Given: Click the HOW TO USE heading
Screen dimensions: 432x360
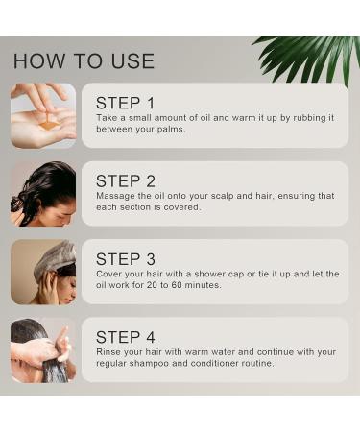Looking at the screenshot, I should (x=84, y=61).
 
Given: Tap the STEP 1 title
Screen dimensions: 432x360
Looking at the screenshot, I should (x=125, y=103).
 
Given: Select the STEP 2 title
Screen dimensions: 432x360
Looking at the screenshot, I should (x=126, y=180).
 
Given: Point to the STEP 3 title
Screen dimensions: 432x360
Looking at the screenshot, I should (x=126, y=258).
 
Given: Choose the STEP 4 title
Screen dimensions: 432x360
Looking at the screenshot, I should (x=126, y=337).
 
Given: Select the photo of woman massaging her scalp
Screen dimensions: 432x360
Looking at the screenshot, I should (x=43, y=193).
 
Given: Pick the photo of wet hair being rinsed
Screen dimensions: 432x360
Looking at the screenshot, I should (x=43, y=349).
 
